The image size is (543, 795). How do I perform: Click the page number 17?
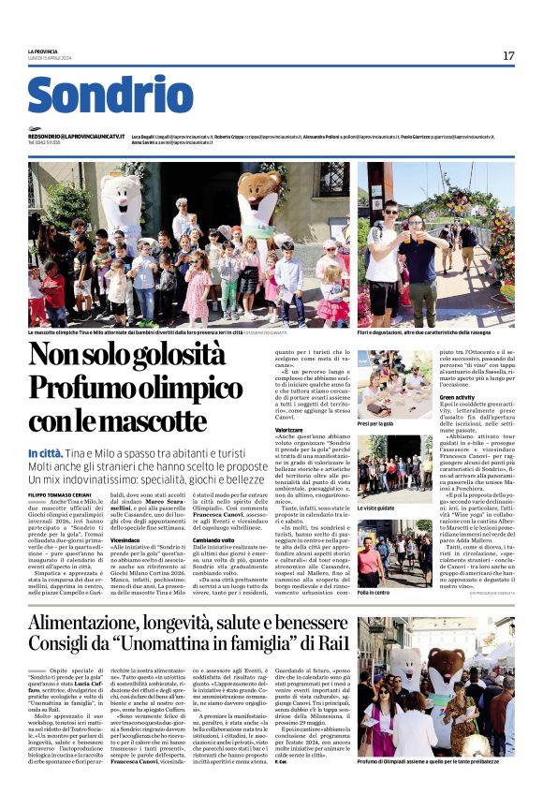pos(508,56)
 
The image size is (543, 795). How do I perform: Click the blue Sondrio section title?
pos(110,97)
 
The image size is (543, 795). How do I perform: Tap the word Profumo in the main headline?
pos(98,388)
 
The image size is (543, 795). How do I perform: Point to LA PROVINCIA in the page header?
pos(43,52)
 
